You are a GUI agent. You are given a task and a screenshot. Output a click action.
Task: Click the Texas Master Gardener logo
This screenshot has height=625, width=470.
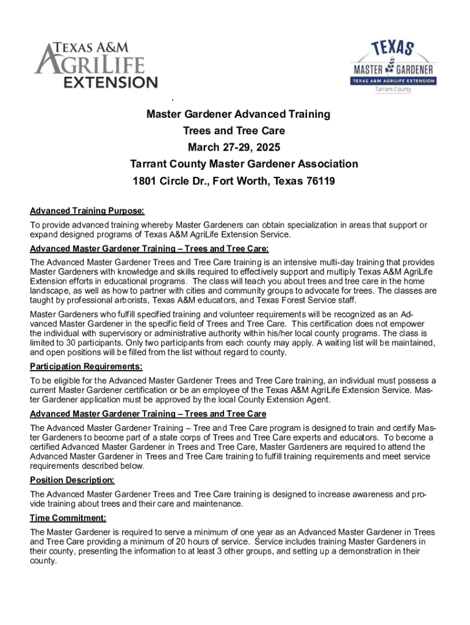[393, 66]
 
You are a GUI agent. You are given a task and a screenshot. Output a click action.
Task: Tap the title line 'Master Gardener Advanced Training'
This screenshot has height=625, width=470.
[238, 114]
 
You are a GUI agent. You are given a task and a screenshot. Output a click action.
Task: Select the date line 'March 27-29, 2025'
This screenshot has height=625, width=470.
[234, 147]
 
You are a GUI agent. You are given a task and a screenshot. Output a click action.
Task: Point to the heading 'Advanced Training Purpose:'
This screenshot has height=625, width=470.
[87, 211]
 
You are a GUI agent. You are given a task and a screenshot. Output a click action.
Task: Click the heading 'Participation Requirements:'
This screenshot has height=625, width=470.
[86, 367]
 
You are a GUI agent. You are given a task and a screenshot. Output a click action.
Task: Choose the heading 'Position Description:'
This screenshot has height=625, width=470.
[72, 480]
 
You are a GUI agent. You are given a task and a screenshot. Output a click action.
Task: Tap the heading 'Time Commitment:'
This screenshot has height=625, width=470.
[68, 518]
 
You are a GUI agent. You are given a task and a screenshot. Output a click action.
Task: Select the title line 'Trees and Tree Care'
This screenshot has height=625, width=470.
[234, 131]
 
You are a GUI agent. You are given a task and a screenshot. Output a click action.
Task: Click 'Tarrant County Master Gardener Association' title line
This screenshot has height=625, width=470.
[244, 164]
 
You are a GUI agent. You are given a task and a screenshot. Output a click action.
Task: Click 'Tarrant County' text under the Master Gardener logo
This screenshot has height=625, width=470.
[393, 90]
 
